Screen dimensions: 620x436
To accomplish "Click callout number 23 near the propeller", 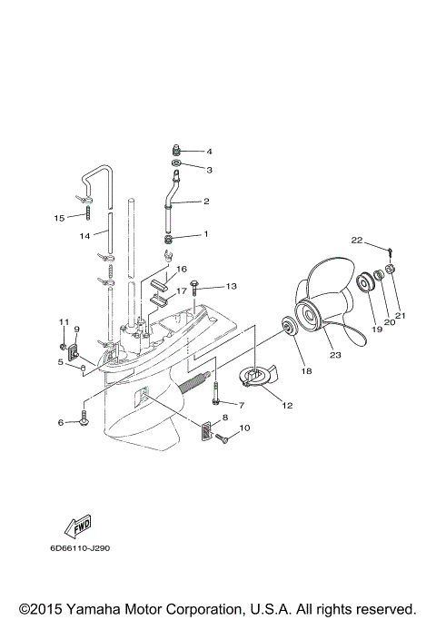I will tap(335, 356).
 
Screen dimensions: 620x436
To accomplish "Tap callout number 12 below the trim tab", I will tap(288, 405).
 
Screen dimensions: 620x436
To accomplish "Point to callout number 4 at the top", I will tap(208, 151).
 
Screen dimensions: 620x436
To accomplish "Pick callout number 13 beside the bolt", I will tap(232, 286).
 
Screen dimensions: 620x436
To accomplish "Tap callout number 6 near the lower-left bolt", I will tap(61, 423).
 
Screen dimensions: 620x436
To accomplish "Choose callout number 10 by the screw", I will tap(244, 428).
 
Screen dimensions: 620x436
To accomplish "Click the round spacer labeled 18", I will tap(286, 327).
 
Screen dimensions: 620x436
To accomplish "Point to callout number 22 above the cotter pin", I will tap(357, 240).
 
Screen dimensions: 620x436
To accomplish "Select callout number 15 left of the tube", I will tap(59, 218).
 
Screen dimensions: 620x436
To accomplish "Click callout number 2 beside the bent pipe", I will tap(206, 201).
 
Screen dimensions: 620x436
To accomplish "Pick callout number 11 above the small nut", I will tap(64, 322).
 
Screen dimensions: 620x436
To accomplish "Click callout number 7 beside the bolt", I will tap(241, 404).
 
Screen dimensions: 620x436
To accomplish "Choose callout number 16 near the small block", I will tap(181, 269).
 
